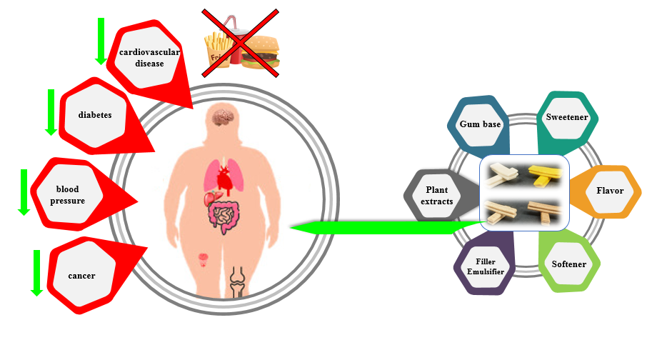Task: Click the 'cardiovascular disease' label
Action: click(x=149, y=57)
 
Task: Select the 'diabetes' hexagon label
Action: click(x=94, y=114)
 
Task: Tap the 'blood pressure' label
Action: click(x=70, y=195)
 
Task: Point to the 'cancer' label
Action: click(x=81, y=276)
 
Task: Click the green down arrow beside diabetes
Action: click(x=51, y=112)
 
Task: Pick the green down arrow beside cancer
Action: click(x=36, y=272)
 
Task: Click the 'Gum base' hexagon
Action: click(x=480, y=124)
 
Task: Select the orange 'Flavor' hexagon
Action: click(x=610, y=191)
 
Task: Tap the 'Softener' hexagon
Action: click(x=569, y=264)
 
